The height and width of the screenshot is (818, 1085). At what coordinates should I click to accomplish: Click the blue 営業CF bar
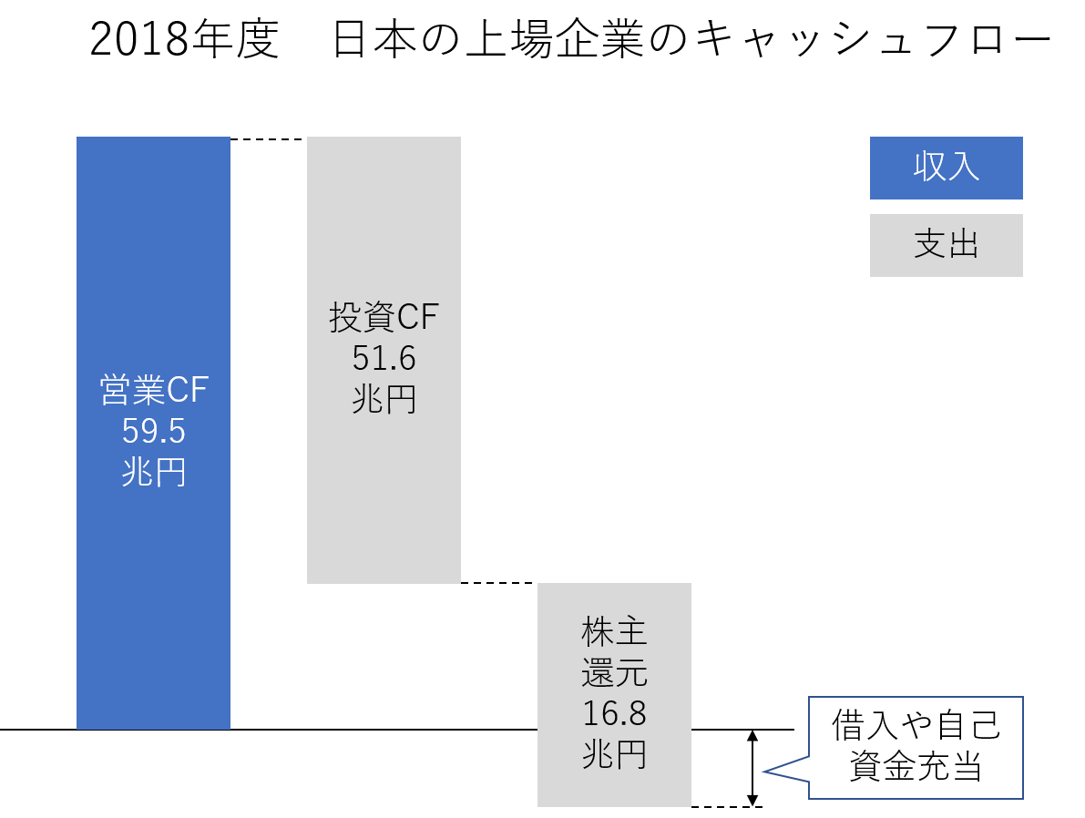(x=153, y=433)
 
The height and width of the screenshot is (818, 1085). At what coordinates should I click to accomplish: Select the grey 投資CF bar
(x=384, y=360)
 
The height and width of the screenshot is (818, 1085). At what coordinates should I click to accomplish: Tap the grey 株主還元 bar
(x=614, y=695)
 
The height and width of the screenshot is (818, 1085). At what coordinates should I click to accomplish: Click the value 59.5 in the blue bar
(x=154, y=431)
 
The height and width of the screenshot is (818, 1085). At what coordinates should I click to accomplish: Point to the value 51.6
(x=384, y=359)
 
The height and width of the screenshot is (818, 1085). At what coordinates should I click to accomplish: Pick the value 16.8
(x=614, y=713)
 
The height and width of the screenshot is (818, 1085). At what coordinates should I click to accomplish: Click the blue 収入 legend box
(x=946, y=169)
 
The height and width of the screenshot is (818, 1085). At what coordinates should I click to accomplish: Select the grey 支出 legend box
(x=946, y=246)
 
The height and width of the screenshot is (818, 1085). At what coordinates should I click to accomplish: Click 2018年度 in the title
(x=185, y=39)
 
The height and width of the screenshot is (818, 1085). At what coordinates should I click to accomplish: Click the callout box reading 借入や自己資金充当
(x=916, y=748)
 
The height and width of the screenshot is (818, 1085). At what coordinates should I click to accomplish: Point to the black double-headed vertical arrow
(x=752, y=768)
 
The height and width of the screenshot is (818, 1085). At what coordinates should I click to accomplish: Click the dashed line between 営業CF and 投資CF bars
(x=269, y=139)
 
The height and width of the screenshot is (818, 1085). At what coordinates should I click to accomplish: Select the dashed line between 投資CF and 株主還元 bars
(x=499, y=583)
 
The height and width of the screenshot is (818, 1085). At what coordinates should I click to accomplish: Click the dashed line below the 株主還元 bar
(x=727, y=807)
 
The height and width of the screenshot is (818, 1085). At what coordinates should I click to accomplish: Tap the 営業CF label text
(x=154, y=390)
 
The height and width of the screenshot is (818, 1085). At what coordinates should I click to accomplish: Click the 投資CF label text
(x=384, y=317)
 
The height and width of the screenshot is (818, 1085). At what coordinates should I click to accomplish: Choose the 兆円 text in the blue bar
(x=154, y=474)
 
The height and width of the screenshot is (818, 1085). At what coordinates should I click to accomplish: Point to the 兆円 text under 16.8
(x=614, y=754)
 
